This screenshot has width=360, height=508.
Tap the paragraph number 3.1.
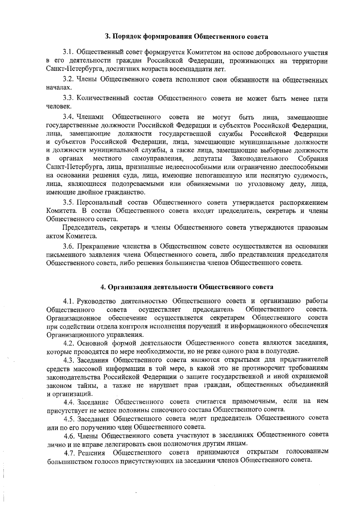click(68, 53)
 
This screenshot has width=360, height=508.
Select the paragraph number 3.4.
click(68, 117)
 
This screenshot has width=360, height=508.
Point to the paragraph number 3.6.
click(68, 246)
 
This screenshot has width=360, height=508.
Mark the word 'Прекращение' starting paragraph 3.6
click(97, 246)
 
